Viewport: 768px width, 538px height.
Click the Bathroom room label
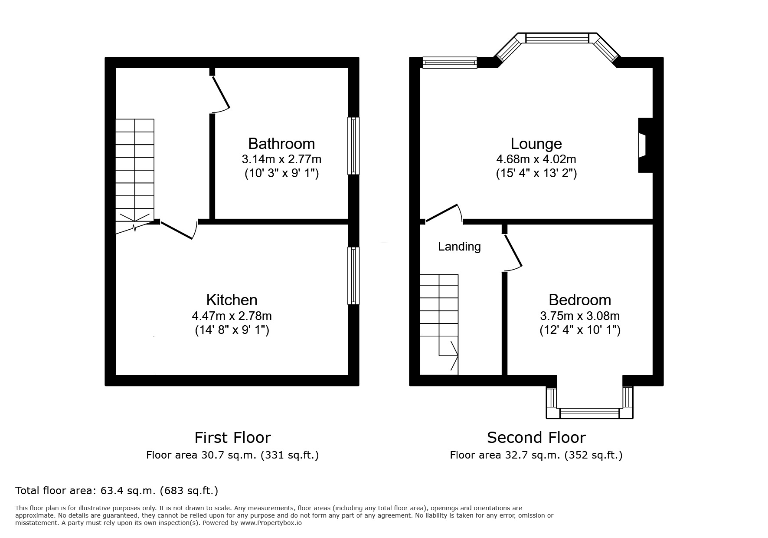tap(281, 144)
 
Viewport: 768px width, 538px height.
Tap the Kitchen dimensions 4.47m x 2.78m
tap(232, 316)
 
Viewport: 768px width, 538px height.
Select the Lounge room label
tap(536, 144)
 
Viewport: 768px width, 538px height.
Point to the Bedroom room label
tap(580, 300)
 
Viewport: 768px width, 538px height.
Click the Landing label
tap(459, 247)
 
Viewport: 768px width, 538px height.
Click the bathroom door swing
tap(220, 93)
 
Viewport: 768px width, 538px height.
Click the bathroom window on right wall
tap(354, 146)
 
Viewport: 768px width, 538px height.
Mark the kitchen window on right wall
tap(354, 276)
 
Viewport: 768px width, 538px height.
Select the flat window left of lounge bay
tap(450, 63)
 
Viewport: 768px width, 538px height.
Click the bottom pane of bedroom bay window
tap(589, 413)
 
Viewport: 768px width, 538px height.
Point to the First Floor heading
tap(232, 437)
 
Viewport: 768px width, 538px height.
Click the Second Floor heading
tap(536, 437)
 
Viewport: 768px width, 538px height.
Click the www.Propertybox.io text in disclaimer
tap(271, 523)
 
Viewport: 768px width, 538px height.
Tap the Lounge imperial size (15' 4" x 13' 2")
tap(536, 174)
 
